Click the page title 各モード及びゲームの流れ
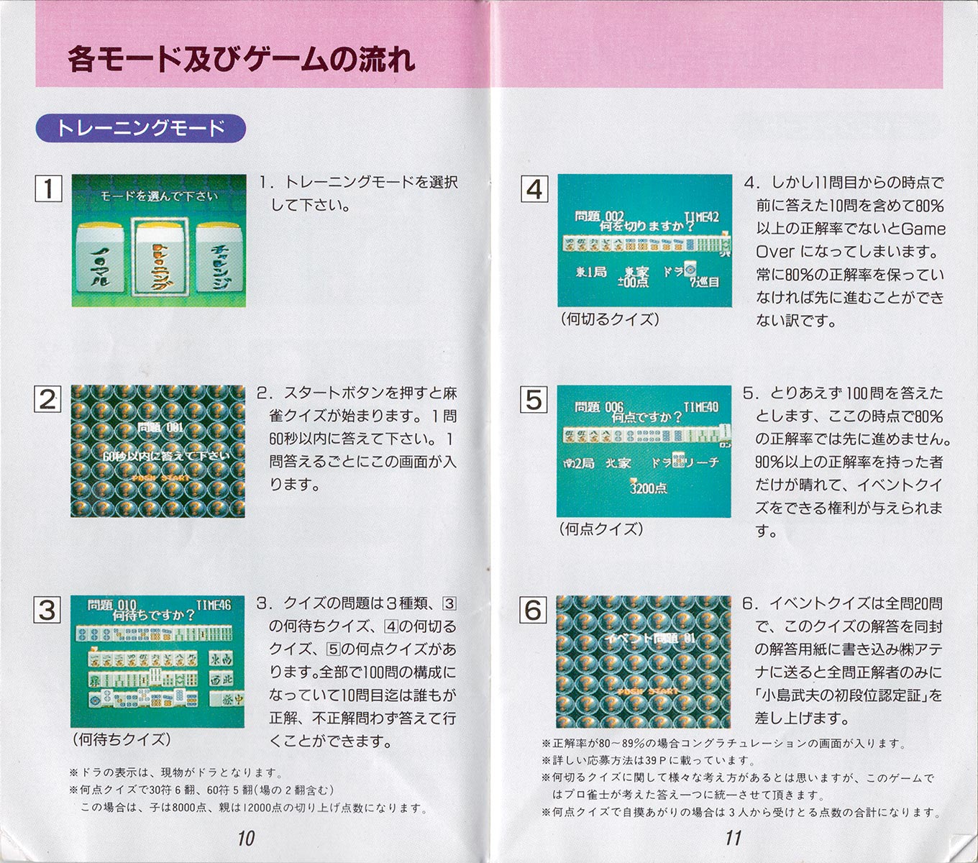coord(241,59)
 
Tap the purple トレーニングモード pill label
coord(141,129)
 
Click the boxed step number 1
coord(48,188)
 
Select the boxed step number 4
coord(534,189)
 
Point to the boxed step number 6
coord(533,611)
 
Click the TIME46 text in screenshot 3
coord(213,606)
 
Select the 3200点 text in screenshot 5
coord(648,488)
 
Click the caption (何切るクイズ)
coord(610,319)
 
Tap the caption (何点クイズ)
coord(601,529)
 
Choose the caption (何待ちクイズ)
coord(122,739)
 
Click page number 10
coord(246,838)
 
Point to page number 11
coord(733,838)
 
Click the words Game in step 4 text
coord(923,229)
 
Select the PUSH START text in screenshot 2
coord(161,478)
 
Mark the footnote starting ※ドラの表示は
coord(176,772)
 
